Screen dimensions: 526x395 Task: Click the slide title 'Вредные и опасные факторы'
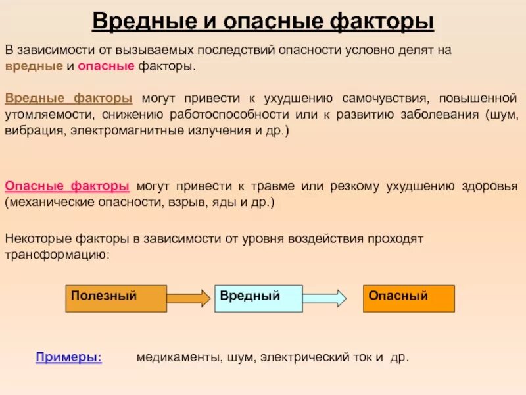coord(263,21)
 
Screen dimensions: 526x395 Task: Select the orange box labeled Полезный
coord(116,298)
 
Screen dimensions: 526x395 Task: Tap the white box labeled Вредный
coord(258,298)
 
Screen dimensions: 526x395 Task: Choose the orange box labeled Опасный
coord(408,298)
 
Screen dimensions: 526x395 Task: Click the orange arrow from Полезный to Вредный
coord(189,298)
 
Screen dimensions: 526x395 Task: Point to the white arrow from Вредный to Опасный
coord(324,298)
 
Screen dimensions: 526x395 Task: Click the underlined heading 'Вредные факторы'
coord(68,99)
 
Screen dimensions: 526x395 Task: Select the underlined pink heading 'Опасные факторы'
coord(67,186)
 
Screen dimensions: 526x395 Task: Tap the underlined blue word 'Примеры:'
coord(68,357)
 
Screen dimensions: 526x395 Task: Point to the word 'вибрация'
coord(31,132)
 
